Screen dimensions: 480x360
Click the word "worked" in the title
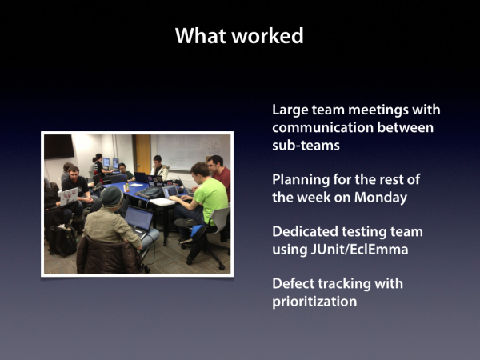click(x=267, y=36)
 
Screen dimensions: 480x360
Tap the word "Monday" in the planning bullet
click(x=381, y=198)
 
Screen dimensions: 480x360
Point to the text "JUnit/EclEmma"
click(x=359, y=250)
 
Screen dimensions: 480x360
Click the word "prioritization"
click(x=314, y=302)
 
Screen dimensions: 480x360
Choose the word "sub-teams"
click(x=306, y=146)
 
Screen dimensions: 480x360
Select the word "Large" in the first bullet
click(x=290, y=110)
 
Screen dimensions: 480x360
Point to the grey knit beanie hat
click(x=112, y=197)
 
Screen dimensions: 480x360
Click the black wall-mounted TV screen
click(x=59, y=146)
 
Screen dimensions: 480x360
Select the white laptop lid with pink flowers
click(x=69, y=196)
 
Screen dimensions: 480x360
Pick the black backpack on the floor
click(x=62, y=240)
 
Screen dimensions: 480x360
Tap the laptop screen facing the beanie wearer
click(x=138, y=218)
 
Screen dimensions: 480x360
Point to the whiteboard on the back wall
click(x=193, y=152)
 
